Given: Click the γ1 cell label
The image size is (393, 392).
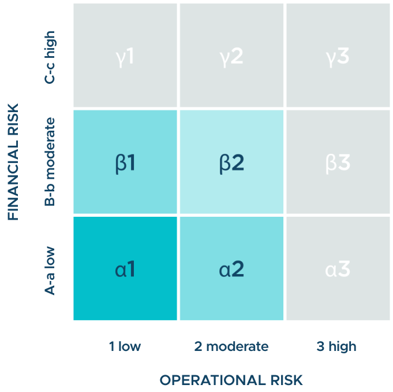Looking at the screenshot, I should pos(125,58).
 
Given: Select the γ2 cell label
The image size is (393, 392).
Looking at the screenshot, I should pos(231,58).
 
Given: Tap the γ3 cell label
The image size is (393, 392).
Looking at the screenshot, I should pos(338,58).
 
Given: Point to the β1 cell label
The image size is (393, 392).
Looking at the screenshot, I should pos(125,164).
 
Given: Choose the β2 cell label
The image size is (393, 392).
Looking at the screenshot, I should pos(231,164).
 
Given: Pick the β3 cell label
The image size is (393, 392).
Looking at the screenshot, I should pos(338,164).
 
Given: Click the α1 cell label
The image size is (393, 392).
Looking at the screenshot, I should pos(125,269).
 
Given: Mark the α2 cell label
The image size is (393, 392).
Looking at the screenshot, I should pos(231,269).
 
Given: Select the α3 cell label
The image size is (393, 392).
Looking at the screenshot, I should pos(338,269).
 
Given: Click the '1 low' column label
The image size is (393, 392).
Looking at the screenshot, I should pos(125,346).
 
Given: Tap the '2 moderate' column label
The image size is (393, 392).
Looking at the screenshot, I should pos(231,346).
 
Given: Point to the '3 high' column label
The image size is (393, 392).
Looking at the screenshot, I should pos(336,346).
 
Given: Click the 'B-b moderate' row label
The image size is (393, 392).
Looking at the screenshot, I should pos(50,162).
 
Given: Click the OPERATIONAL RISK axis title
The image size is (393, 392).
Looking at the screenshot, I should pos(231,380).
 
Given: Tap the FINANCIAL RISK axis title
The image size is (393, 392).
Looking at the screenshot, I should pos(13,162).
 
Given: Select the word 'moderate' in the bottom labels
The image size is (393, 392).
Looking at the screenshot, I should pos(238,346).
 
